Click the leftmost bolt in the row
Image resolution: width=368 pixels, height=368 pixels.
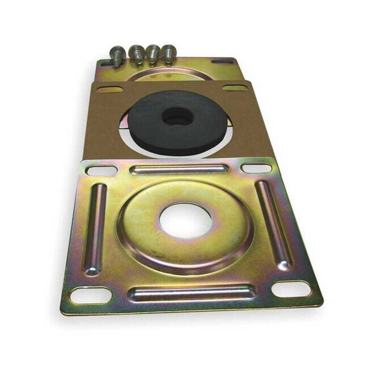117,55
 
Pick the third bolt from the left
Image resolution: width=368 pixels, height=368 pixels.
153,54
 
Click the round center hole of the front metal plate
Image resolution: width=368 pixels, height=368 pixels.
185,220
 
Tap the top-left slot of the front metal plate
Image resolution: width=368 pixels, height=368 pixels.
102,170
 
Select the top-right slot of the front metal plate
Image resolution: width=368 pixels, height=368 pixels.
256,168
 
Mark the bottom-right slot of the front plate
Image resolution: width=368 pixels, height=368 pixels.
291,289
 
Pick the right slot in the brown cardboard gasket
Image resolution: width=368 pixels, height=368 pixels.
235,88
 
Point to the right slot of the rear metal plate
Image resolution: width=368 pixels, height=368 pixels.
222,61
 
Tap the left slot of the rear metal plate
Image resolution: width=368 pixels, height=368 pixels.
104,63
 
